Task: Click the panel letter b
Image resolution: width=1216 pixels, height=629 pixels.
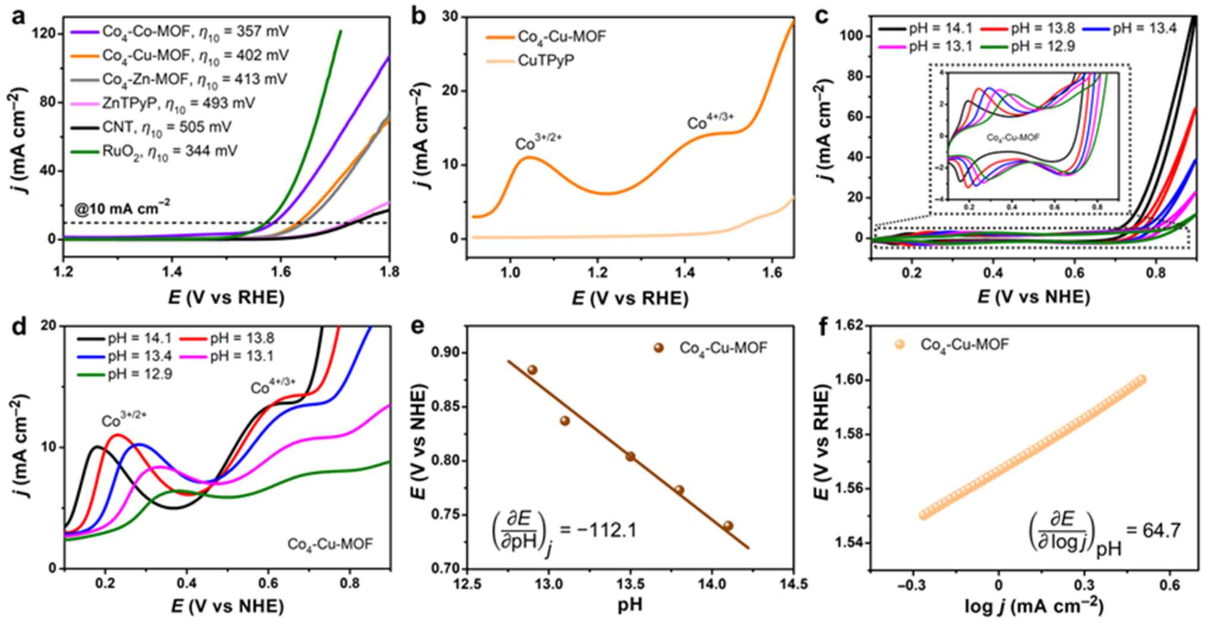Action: click(419, 16)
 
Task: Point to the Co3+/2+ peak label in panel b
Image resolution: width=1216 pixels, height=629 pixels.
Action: click(538, 143)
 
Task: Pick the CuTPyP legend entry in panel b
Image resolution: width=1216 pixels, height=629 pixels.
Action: click(546, 61)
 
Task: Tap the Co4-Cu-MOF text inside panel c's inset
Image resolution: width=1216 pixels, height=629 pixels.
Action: click(1013, 137)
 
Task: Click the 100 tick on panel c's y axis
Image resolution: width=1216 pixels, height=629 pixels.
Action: click(852, 36)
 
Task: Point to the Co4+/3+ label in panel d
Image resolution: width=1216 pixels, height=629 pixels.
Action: click(273, 387)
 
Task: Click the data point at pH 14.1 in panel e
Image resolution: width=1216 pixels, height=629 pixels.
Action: click(728, 526)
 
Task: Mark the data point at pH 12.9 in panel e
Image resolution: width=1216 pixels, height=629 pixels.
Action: click(532, 370)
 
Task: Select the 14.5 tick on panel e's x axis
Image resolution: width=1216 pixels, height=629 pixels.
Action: click(793, 584)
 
